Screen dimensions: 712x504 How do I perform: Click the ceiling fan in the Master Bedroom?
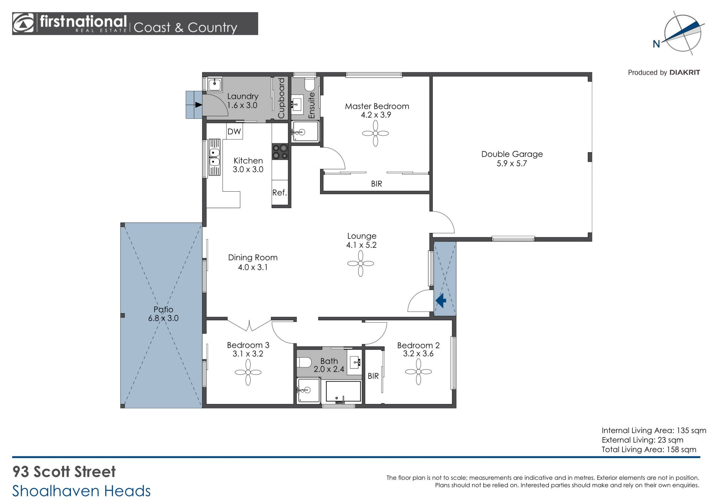375,133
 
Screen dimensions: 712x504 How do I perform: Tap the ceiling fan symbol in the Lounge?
360,263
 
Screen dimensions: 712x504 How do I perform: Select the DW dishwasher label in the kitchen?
234,131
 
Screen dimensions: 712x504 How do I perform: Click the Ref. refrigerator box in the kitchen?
280,192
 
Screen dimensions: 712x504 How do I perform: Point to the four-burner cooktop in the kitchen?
280,152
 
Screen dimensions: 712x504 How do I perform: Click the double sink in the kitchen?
214,157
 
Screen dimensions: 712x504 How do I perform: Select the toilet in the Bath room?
304,362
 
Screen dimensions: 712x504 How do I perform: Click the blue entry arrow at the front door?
441,300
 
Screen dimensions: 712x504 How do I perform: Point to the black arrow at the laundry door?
199,105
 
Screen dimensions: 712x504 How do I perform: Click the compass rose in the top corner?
682,33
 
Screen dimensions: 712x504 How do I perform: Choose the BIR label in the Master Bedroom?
376,184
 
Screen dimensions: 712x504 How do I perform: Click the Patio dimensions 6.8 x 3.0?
163,318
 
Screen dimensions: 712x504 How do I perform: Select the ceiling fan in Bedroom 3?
248,372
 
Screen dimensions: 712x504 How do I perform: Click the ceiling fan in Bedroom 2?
418,371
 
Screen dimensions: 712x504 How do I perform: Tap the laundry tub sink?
215,84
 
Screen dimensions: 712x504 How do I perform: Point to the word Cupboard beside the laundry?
281,98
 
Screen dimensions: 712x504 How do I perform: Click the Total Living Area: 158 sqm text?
649,450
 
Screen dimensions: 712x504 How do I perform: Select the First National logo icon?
23,23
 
